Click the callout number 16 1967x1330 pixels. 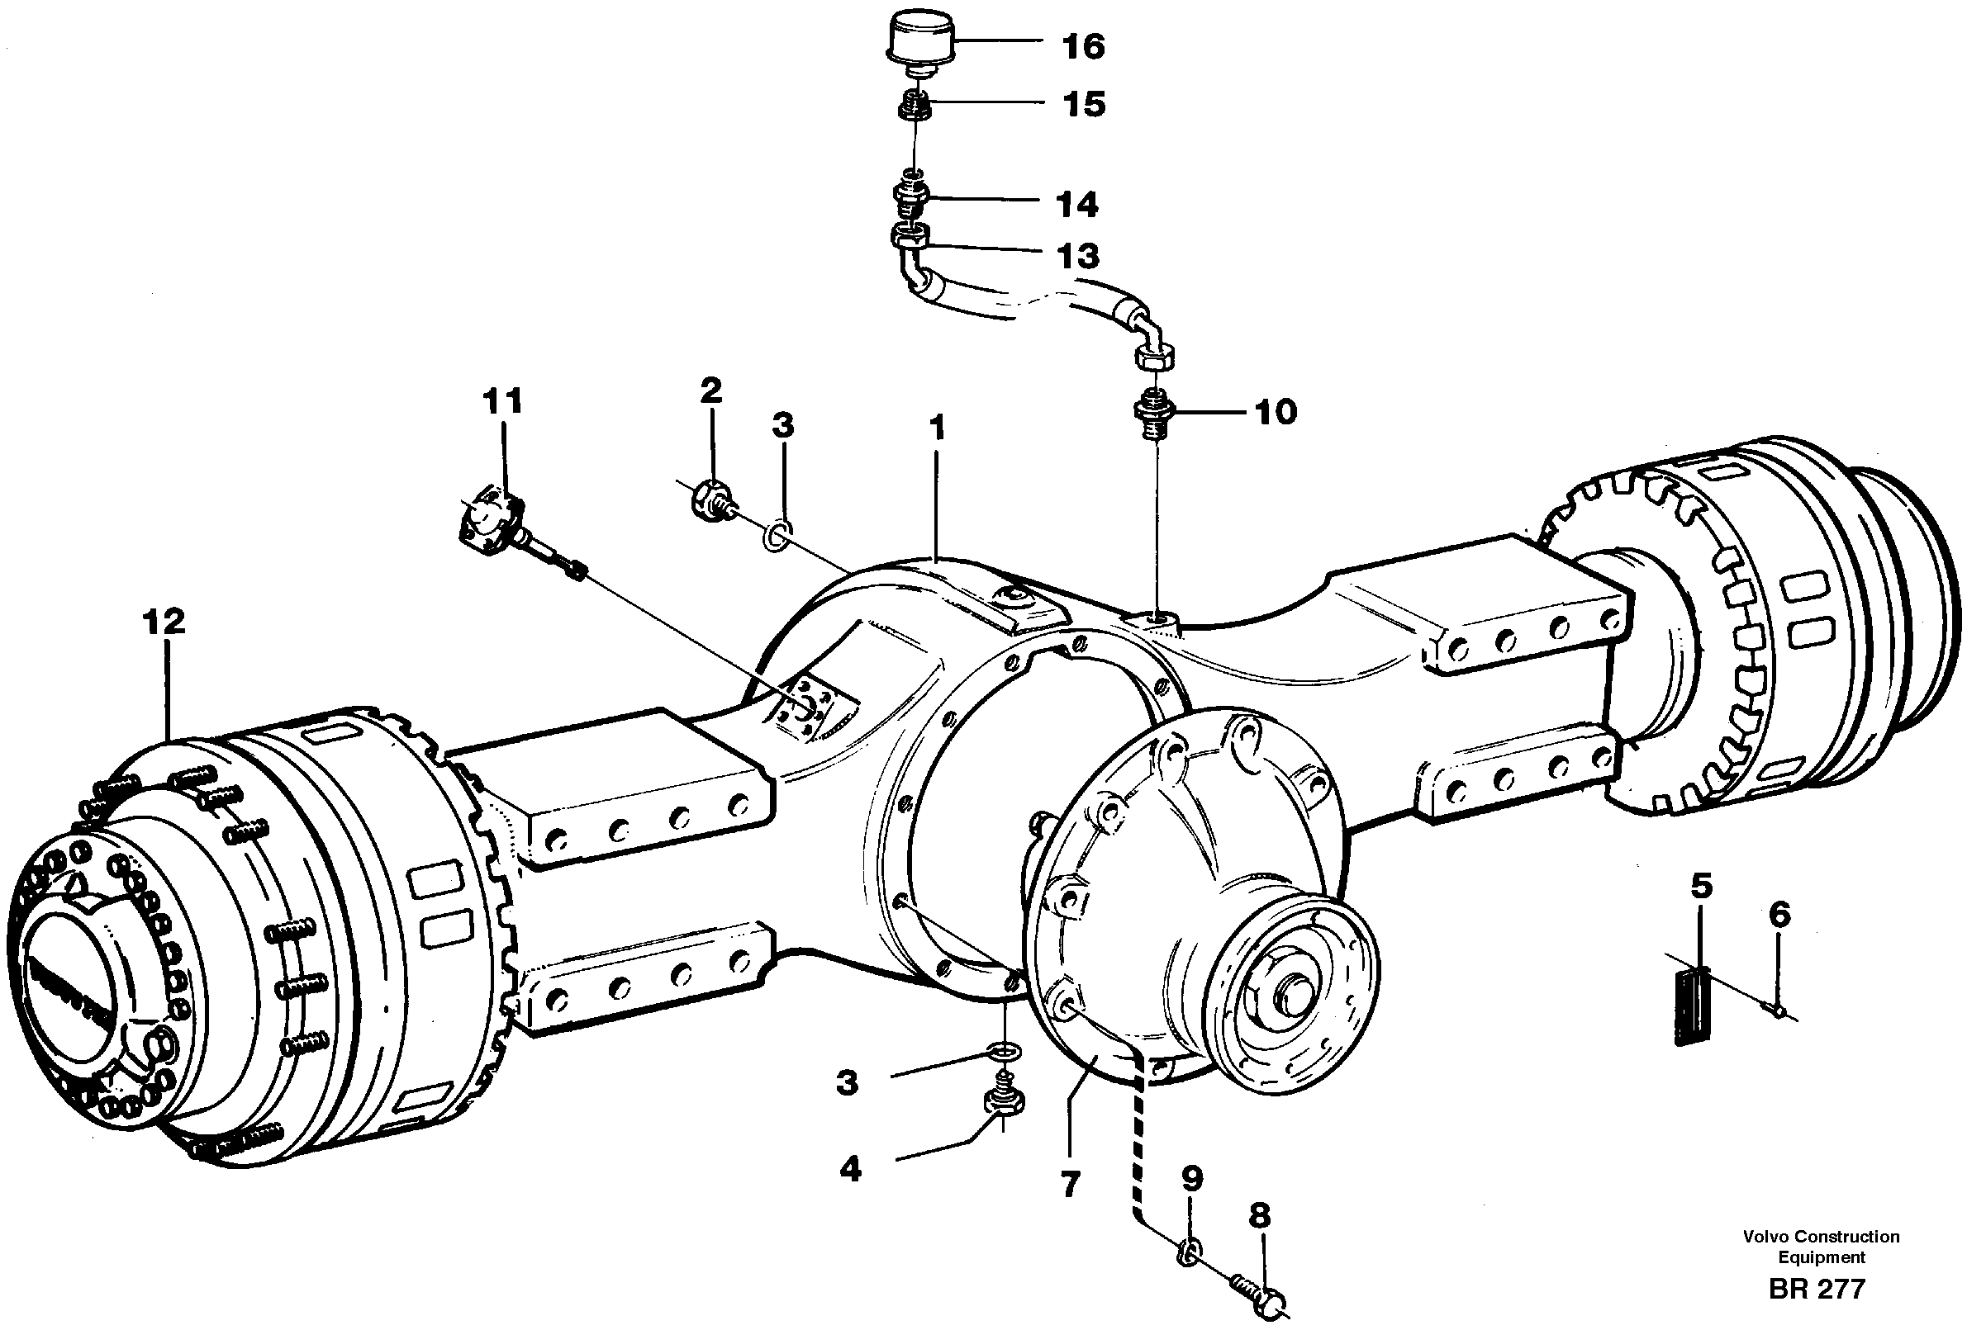coord(1083,46)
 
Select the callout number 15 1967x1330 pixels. coord(1083,104)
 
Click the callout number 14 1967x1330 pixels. coord(1076,205)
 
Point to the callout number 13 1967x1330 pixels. coord(1077,255)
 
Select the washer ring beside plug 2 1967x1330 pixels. coord(778,535)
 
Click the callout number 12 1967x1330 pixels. coord(164,622)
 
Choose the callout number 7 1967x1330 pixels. coord(1070,1184)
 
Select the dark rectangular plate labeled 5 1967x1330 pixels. coord(1693,1006)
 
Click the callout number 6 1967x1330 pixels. coord(1780,915)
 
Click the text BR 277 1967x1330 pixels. coord(1817,1290)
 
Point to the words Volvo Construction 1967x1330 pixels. coord(1821,1237)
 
